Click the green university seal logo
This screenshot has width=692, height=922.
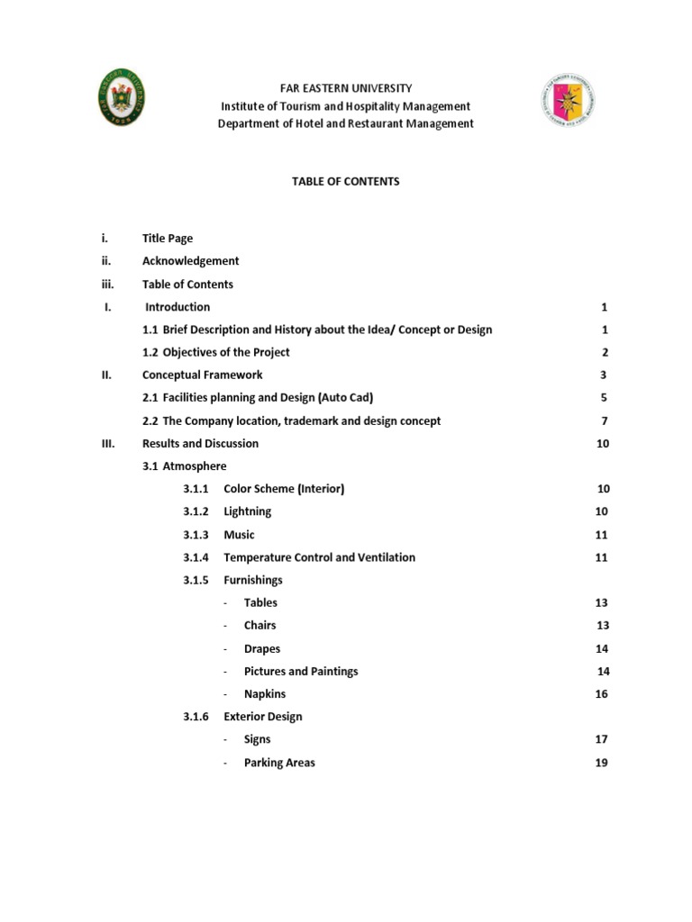(123, 101)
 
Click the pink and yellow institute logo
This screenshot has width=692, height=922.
(567, 101)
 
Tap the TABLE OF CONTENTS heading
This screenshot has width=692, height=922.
(345, 181)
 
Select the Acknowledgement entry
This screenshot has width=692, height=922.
(190, 261)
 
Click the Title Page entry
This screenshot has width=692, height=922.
(168, 239)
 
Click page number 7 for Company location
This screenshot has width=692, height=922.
(605, 420)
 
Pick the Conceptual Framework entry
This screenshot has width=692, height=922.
(202, 375)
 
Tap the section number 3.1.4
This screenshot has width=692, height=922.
(196, 557)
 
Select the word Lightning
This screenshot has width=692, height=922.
(247, 511)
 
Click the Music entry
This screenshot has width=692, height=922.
(239, 534)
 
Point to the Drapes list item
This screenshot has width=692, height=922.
(261, 648)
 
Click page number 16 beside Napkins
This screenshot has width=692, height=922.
(601, 694)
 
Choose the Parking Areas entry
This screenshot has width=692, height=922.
(279, 763)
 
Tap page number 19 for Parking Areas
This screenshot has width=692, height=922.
(601, 763)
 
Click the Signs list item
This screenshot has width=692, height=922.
(257, 739)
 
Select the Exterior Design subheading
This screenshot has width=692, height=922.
(262, 717)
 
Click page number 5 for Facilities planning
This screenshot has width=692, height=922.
(605, 397)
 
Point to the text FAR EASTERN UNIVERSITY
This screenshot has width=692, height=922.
(345, 88)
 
